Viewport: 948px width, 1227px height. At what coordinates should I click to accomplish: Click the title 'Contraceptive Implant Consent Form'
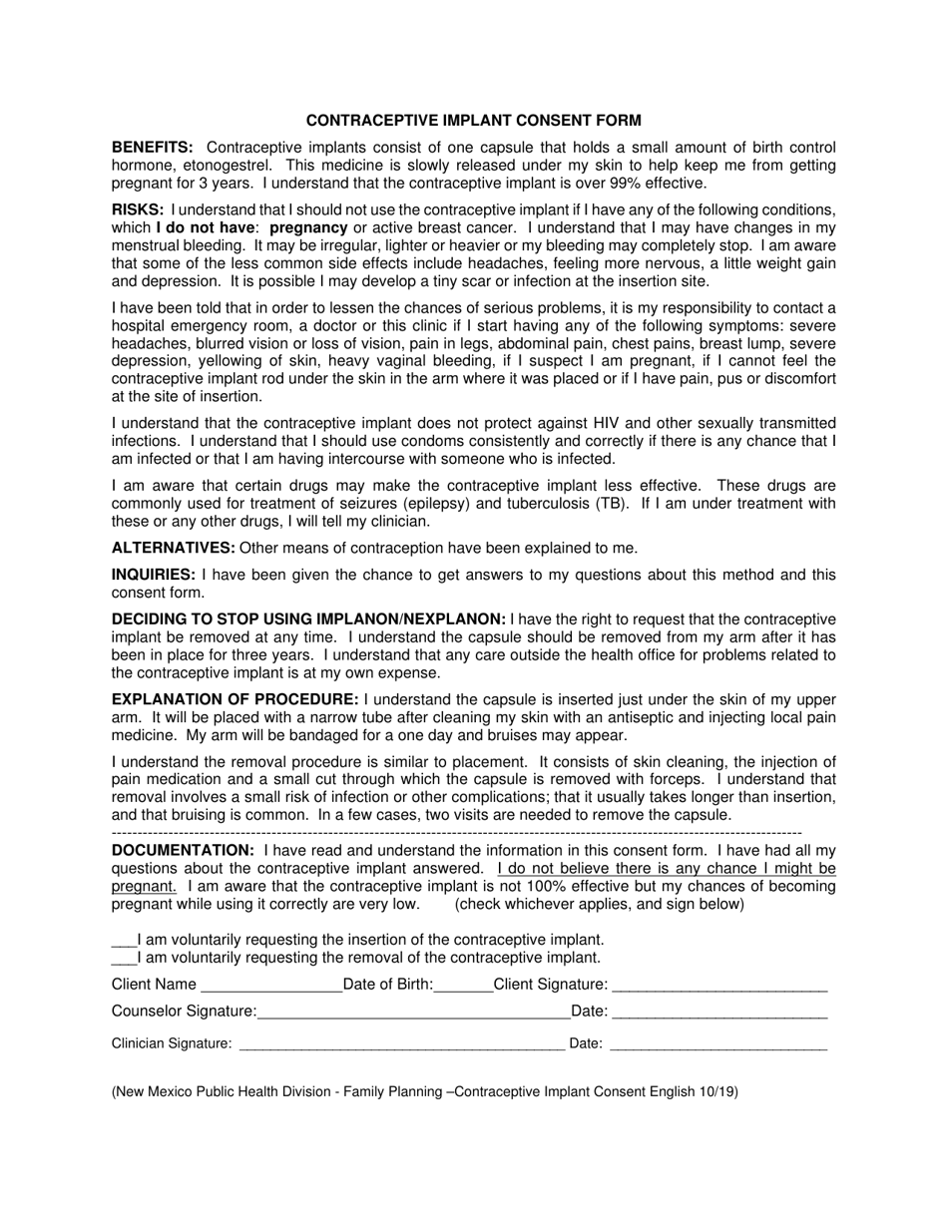(x=473, y=121)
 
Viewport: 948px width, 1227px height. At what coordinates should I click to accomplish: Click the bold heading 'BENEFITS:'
(x=153, y=148)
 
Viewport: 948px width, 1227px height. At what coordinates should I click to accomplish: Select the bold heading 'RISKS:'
(x=138, y=210)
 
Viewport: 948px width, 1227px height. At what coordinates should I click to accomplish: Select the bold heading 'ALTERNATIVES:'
(x=174, y=548)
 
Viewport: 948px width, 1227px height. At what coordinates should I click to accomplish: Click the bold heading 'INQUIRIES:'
(x=154, y=575)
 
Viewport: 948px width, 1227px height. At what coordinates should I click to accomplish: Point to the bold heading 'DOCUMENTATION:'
(x=183, y=850)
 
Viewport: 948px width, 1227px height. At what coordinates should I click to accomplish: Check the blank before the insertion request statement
(x=123, y=941)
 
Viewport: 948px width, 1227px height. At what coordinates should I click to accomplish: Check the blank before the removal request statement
(x=123, y=959)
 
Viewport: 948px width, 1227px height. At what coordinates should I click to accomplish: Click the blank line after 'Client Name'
(x=270, y=987)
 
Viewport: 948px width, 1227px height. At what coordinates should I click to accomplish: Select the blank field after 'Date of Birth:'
(x=463, y=987)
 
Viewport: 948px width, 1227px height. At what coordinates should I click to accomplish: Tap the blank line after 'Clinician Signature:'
(x=401, y=1045)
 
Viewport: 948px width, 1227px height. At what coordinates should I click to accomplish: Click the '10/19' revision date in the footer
(x=717, y=1091)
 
